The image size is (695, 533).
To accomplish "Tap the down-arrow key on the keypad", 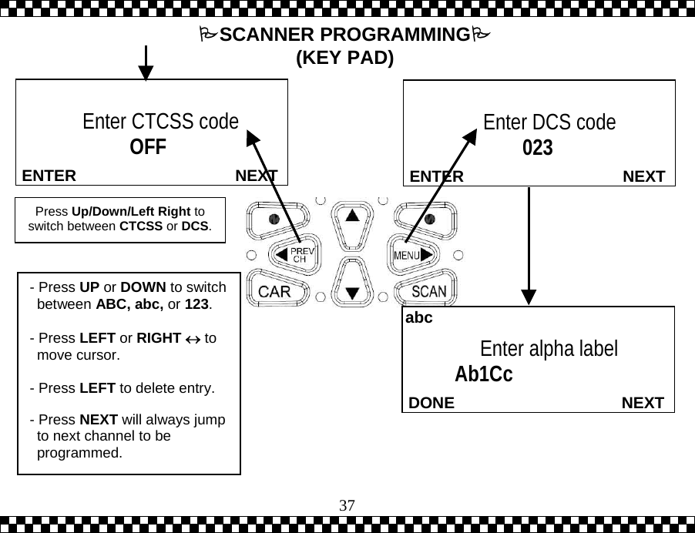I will point(352,287).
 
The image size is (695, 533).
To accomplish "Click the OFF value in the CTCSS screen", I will point(148,146).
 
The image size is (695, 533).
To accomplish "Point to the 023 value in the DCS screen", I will point(538,147).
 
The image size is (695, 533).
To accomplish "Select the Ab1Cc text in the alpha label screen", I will point(483,374).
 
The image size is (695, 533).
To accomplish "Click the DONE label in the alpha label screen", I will point(431,403).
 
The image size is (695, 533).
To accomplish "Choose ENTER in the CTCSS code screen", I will point(49,176).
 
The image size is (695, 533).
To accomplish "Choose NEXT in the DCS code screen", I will point(643,177).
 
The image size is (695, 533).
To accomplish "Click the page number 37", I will point(347,505).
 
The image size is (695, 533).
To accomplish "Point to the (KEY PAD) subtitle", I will point(344,59).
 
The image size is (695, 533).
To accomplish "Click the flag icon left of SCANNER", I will point(206,35).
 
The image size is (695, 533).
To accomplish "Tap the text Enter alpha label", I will point(548,349).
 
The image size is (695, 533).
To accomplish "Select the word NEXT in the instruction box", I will point(99,420).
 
